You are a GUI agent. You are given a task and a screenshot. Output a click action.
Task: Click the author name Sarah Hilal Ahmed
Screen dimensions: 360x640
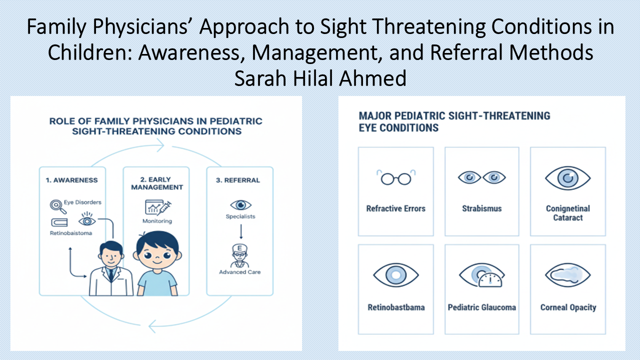tap(320, 79)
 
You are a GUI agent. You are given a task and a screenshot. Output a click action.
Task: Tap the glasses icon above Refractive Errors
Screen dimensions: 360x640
tap(395, 178)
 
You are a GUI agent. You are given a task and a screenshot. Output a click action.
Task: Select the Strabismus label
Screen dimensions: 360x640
tap(481, 208)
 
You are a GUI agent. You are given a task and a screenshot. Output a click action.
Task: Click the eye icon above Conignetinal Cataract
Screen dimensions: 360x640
tap(567, 178)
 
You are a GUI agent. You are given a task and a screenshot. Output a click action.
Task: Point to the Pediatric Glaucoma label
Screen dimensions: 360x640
tap(481, 307)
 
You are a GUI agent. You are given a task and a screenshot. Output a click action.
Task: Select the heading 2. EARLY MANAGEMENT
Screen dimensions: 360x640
tap(156, 183)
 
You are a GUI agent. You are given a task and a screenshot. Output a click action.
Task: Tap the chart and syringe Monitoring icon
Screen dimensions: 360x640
tap(157, 206)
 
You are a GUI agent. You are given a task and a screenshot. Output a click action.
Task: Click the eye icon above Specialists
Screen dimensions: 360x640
tap(240, 205)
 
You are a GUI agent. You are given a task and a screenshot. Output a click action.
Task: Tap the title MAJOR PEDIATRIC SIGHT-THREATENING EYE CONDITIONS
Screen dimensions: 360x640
tap(454, 121)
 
